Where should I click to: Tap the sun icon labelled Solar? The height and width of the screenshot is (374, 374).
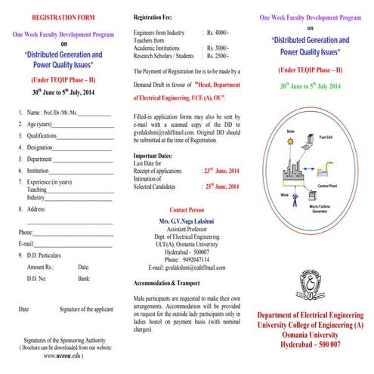[x=268, y=143]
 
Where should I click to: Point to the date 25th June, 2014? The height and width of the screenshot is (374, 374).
[x=224, y=185]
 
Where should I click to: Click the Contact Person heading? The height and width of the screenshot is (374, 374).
[x=187, y=209]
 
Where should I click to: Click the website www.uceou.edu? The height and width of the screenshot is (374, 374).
[x=62, y=354]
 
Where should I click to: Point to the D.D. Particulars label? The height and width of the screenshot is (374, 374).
[x=46, y=255]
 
